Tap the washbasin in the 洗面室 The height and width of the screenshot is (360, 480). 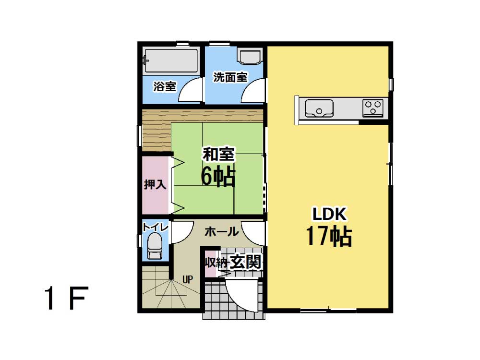[250, 56]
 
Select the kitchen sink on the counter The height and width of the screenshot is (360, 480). [319, 108]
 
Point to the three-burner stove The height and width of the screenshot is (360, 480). [373, 108]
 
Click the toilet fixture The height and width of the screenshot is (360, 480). [155, 246]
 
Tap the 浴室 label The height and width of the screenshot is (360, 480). [165, 86]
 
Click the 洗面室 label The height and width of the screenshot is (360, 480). [230, 77]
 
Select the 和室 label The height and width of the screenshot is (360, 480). [218, 154]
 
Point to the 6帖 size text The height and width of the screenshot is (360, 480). [218, 177]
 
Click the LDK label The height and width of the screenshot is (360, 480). [329, 214]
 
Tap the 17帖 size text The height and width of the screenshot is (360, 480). [329, 236]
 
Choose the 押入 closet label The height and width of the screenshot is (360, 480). [155, 185]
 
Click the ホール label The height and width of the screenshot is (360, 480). [221, 232]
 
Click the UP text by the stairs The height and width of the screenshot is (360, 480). [187, 279]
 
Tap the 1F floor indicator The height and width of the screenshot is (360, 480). [66, 299]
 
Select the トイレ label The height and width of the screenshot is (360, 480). [156, 227]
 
